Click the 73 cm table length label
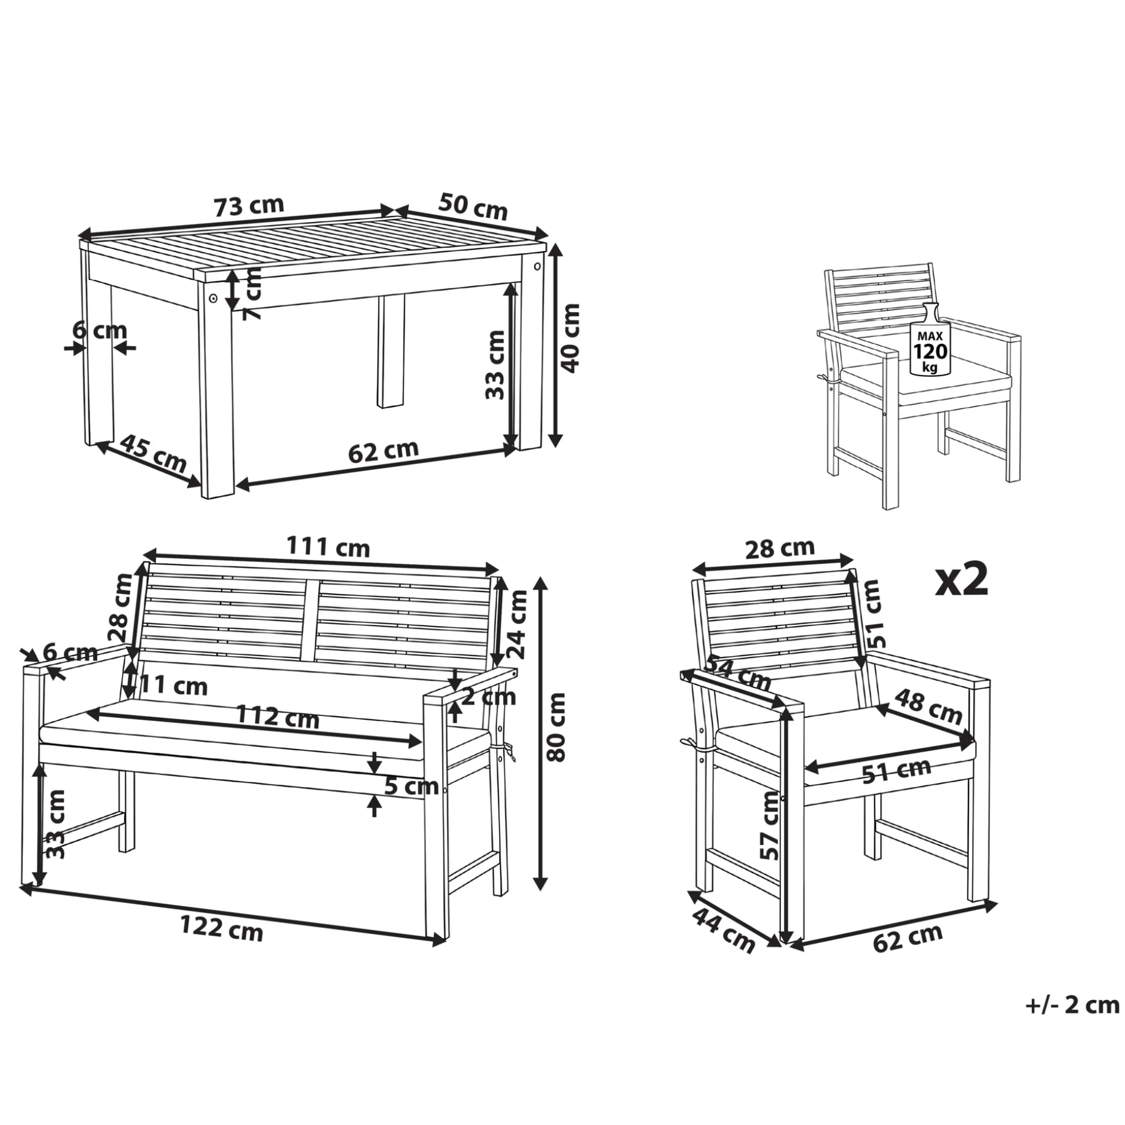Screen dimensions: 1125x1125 click(x=249, y=206)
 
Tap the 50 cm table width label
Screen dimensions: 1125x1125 click(x=473, y=206)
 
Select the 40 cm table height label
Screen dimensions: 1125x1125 click(x=570, y=338)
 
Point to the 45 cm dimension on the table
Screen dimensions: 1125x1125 click(x=153, y=453)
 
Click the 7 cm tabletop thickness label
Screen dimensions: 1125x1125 click(x=252, y=294)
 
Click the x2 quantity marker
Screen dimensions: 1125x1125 click(x=962, y=579)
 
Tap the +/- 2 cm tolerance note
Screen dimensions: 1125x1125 click(x=1072, y=1005)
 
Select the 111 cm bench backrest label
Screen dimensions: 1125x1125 click(x=328, y=547)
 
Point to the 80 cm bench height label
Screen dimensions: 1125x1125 click(x=555, y=727)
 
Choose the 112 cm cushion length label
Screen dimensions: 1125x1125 click(x=277, y=717)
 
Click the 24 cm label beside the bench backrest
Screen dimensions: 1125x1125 click(x=517, y=624)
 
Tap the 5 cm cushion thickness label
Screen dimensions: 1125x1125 click(x=412, y=786)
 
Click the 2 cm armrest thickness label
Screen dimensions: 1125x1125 click(x=489, y=697)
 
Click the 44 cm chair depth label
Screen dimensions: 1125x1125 click(x=723, y=930)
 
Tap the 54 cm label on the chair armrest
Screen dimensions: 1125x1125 click(x=739, y=673)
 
